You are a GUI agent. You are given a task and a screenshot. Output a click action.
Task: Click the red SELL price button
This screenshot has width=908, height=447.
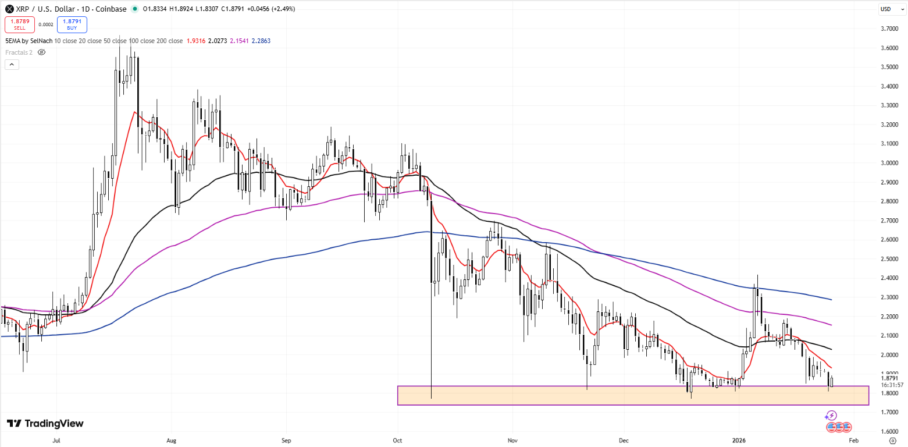(19, 24)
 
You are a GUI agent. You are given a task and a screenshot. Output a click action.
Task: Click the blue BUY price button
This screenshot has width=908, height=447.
(72, 24)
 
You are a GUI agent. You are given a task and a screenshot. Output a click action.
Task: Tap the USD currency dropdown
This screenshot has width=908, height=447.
(886, 9)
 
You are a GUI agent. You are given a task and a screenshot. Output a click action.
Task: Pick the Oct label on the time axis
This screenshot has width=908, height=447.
(398, 441)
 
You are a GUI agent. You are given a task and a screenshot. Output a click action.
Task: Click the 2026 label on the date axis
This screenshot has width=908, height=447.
(739, 441)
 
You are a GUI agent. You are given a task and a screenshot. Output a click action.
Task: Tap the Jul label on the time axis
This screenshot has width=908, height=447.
(56, 441)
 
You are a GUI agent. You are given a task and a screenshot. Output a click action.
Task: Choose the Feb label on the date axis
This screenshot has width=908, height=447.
(853, 441)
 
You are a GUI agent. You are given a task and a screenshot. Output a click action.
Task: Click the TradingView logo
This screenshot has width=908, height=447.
(45, 424)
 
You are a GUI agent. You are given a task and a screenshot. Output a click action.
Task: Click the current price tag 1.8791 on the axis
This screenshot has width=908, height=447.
(889, 378)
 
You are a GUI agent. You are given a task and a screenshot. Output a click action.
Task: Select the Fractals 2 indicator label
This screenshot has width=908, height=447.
(19, 52)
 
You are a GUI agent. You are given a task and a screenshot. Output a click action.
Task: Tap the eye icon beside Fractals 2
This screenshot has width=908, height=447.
(41, 52)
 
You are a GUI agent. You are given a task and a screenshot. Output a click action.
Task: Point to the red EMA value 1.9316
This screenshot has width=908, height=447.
(195, 41)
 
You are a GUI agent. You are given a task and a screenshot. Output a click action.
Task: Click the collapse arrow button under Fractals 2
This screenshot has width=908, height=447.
(12, 65)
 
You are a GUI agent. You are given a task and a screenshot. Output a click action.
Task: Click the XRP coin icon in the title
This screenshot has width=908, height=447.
(9, 9)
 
